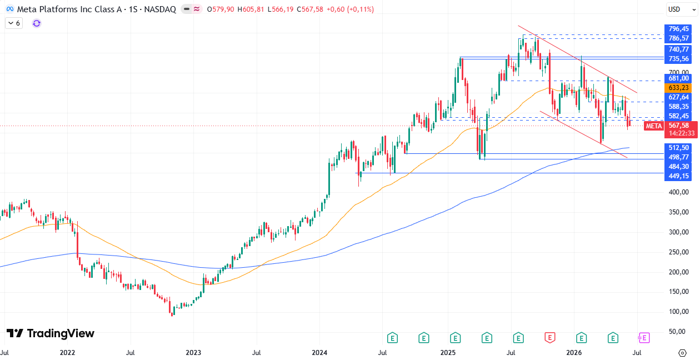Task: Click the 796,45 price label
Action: click(x=678, y=29)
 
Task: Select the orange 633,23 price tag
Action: click(x=678, y=88)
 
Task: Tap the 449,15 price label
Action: click(x=678, y=176)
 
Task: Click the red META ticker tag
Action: click(x=654, y=126)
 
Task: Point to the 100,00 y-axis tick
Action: click(x=678, y=312)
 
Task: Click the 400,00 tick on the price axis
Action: click(x=678, y=192)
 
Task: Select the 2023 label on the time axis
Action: click(x=193, y=353)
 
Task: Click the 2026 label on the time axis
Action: click(x=574, y=353)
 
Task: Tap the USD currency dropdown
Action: click(x=682, y=9)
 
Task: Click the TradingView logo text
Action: click(x=51, y=333)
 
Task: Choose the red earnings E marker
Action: click(x=549, y=338)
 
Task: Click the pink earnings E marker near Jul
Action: click(x=644, y=338)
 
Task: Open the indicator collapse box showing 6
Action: click(x=14, y=23)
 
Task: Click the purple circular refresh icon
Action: click(x=37, y=23)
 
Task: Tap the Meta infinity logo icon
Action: click(x=10, y=9)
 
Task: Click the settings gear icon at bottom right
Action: click(x=682, y=353)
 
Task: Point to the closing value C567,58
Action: click(x=309, y=9)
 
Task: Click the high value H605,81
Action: click(x=251, y=9)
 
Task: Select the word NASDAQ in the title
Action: click(x=160, y=9)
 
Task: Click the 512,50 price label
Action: click(x=678, y=148)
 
